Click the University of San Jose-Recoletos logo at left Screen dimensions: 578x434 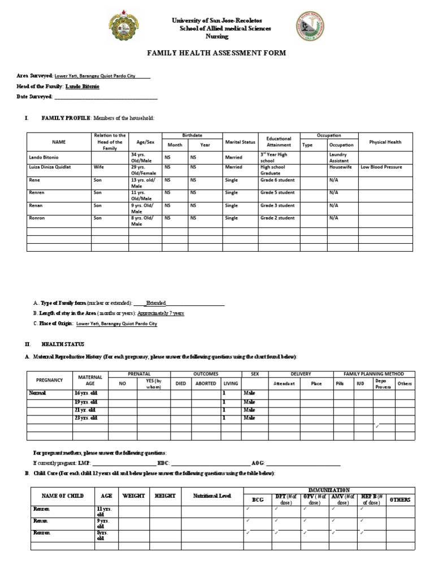click(125, 28)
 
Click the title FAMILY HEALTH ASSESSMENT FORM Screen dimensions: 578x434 click(216, 53)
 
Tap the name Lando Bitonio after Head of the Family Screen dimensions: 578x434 click(83, 86)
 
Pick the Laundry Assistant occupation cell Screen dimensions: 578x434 click(341, 157)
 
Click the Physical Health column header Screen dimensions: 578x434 click(385, 142)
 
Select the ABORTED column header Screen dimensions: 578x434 click(205, 383)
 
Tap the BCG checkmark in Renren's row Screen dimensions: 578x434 click(248, 509)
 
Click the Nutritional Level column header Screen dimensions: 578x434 click(212, 496)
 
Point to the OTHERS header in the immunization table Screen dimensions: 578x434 click(400, 500)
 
